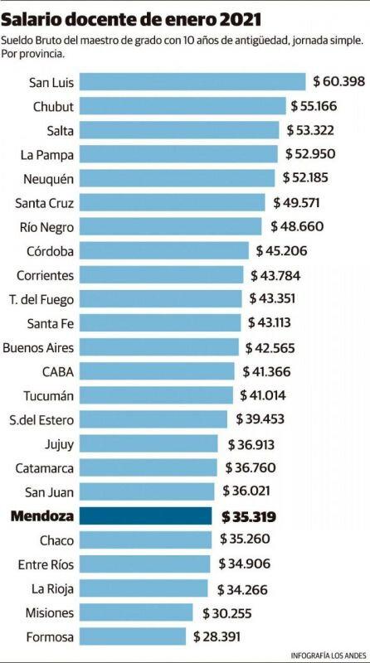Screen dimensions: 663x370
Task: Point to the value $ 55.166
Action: [x=319, y=106]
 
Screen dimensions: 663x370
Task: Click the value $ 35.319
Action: [x=249, y=515]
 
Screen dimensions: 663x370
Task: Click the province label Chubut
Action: [x=53, y=106]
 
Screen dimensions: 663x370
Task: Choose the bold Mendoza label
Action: [x=42, y=515]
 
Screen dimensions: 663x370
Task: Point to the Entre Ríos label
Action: [x=46, y=564]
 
